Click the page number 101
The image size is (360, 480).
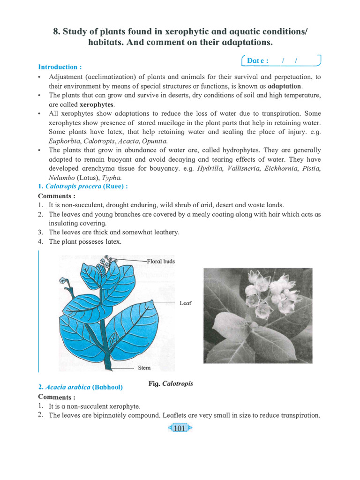(x=180, y=428)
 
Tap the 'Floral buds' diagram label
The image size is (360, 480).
(x=161, y=261)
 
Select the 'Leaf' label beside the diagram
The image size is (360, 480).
(x=185, y=303)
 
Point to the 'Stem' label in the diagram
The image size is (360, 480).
(x=144, y=368)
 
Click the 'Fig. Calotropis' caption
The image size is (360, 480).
(x=171, y=383)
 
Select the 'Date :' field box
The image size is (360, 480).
(x=280, y=60)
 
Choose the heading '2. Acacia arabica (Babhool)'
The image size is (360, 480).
(x=80, y=387)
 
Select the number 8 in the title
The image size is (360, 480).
(x=56, y=32)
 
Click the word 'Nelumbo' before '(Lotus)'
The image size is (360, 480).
(x=61, y=178)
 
